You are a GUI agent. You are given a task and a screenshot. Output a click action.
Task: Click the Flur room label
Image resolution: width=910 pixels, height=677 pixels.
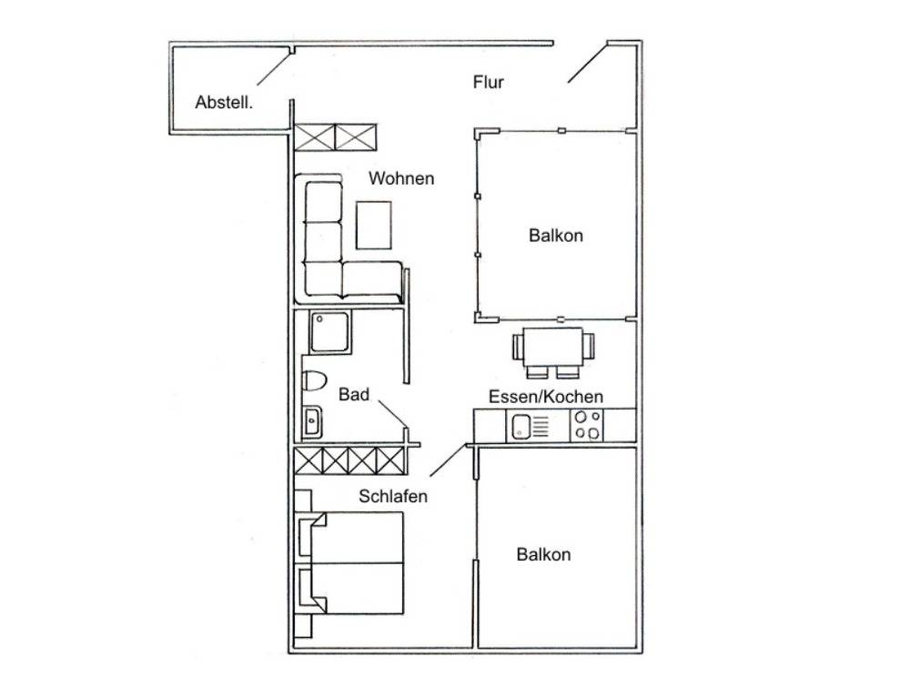488,83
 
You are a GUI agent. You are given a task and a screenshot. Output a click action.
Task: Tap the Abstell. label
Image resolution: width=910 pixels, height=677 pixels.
224,103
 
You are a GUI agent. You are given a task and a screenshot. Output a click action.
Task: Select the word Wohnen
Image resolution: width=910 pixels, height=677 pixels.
401,178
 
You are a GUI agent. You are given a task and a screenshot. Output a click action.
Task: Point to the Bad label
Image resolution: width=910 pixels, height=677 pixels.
353,395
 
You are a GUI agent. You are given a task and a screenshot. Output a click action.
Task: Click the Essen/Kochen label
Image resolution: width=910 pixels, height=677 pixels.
545,397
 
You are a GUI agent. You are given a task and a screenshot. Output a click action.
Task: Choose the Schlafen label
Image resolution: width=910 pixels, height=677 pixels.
393,497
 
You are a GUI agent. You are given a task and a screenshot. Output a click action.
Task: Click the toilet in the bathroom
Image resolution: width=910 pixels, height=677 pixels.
314,380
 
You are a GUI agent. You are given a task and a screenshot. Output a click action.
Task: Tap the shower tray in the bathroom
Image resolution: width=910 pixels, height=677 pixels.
329,332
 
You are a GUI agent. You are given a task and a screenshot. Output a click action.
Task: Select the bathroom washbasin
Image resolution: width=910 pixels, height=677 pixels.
312,421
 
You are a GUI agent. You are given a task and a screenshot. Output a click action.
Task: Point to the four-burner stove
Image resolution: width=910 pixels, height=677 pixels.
587,425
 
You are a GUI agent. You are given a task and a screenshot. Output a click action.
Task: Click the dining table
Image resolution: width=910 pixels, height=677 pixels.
553,347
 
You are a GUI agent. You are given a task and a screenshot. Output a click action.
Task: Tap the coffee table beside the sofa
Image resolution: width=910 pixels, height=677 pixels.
373,225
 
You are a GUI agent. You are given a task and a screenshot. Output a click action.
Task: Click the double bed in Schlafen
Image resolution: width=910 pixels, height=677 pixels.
351,562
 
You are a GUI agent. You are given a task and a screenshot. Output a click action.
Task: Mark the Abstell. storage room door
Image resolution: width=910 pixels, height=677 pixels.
274,69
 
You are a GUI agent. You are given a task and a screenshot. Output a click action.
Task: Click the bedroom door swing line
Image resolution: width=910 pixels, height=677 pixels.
448,460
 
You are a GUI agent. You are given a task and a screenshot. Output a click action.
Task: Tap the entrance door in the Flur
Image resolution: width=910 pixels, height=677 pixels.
587,63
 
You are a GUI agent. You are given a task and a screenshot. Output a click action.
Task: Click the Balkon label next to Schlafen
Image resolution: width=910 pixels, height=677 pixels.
543,554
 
